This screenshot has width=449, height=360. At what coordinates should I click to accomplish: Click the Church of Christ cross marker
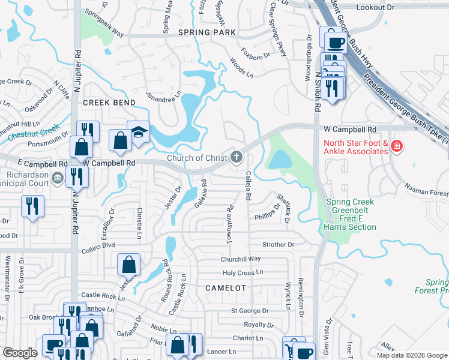[237, 158]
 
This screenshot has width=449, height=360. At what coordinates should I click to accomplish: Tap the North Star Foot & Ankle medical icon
[396, 146]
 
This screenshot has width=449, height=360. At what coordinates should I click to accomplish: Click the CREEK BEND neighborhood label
[109, 103]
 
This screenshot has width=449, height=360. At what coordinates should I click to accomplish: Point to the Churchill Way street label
[241, 259]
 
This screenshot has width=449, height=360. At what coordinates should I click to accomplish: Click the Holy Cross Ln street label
[243, 272]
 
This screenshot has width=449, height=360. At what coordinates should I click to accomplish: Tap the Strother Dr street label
[278, 245]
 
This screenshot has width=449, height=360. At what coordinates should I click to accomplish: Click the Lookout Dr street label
[391, 7]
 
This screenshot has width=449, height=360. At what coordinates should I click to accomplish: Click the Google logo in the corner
[20, 353]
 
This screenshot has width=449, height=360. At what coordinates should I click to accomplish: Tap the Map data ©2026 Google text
[412, 355]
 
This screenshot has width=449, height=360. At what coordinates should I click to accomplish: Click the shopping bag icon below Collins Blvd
[129, 264]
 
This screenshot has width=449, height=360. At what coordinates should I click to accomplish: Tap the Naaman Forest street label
[426, 193]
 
